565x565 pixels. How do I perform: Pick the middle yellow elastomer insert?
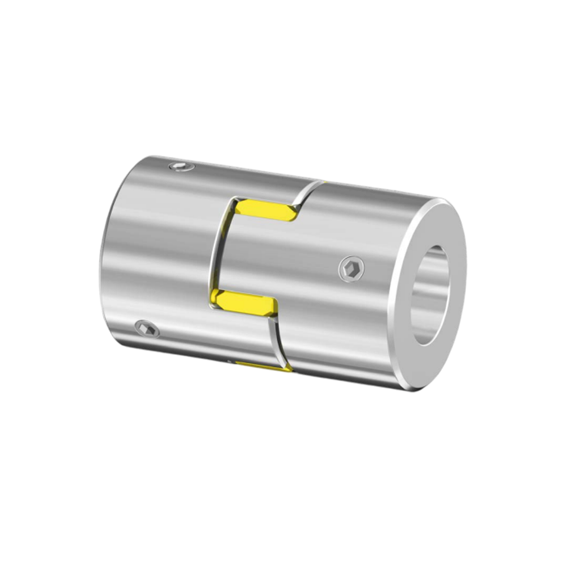pyautogui.click(x=244, y=302)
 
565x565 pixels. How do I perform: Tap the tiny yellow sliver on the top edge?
pyautogui.click(x=324, y=181)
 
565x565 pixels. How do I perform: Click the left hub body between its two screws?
pyautogui.click(x=157, y=246)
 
